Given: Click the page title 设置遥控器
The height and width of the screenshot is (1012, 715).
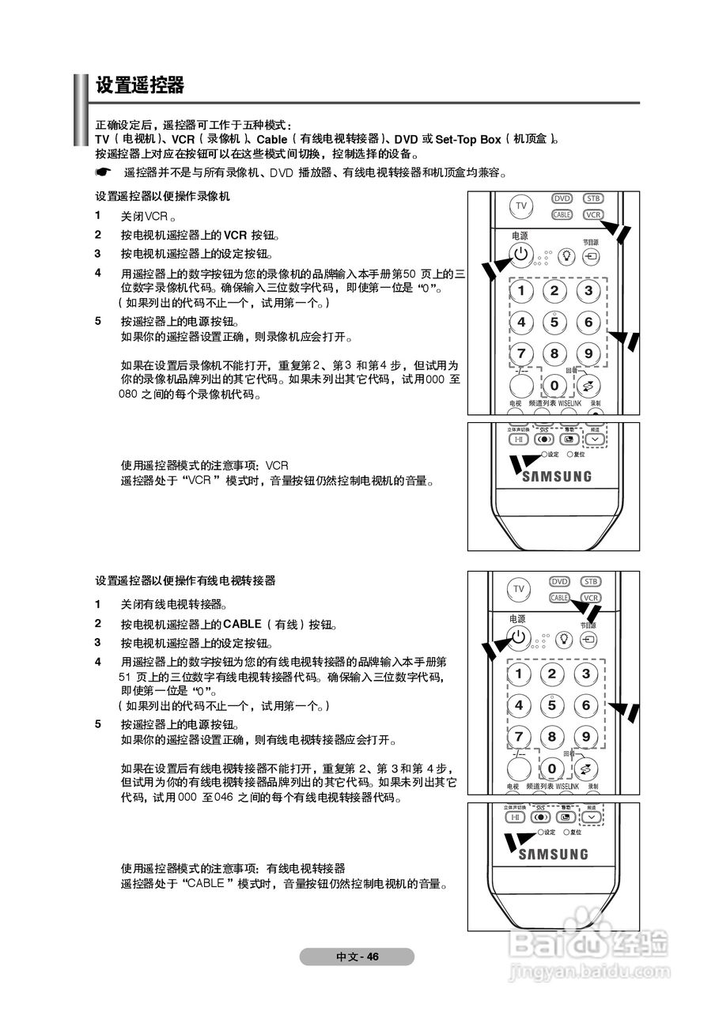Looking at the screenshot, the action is click(x=140, y=85).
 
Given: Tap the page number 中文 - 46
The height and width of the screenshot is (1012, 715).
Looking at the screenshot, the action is click(x=357, y=957).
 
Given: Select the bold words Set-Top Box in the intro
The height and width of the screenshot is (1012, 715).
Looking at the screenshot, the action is click(x=468, y=139).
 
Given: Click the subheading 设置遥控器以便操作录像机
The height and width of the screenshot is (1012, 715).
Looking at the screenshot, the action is click(x=162, y=196).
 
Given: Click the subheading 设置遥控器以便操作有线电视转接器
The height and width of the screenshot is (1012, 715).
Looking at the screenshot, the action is click(x=185, y=580).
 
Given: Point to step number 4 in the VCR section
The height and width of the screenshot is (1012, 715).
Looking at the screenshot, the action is click(x=98, y=273).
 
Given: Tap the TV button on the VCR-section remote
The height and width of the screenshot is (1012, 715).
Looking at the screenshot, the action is click(x=520, y=206).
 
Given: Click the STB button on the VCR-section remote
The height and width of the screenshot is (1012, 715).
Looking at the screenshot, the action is click(x=592, y=198).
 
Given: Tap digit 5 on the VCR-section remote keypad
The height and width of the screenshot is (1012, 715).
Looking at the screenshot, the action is click(x=554, y=322).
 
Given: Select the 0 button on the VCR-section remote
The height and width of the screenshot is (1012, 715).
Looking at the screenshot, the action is click(x=554, y=386).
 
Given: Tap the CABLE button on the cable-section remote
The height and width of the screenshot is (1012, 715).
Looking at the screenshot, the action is click(x=560, y=599).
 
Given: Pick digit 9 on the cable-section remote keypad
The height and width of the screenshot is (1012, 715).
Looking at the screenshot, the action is click(x=586, y=736).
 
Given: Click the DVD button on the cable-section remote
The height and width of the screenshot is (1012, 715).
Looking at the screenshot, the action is click(x=560, y=582).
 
